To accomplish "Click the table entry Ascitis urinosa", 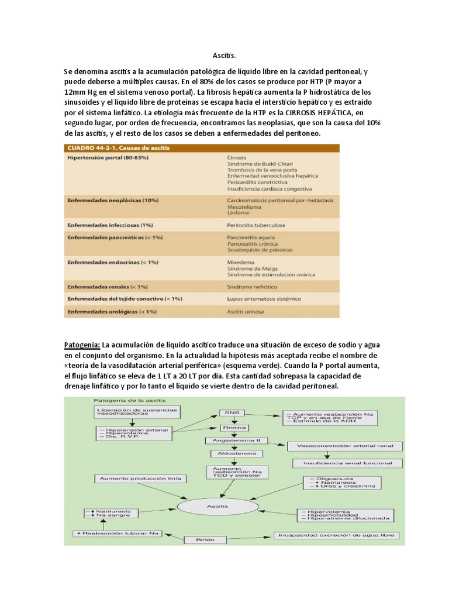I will [x=245, y=312].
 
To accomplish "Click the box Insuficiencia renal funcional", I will [x=339, y=462].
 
